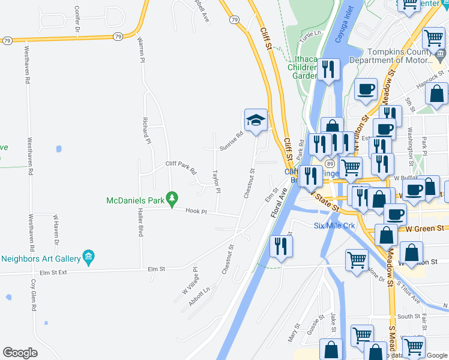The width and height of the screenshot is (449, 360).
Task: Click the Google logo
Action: tap(20, 353)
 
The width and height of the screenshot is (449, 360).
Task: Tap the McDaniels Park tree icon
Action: tap(172, 197)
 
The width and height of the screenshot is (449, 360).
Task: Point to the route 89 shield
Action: tap(330, 163)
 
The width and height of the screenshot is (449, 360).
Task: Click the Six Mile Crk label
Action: tap(335, 226)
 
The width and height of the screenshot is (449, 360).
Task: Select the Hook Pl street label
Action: tap(196, 211)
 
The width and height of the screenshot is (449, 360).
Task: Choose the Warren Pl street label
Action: tap(142, 50)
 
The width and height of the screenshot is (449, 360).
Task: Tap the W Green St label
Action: tap(424, 229)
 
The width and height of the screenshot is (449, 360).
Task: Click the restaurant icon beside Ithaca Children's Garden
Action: tap(328, 70)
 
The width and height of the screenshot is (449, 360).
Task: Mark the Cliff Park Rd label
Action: tap(181, 166)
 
